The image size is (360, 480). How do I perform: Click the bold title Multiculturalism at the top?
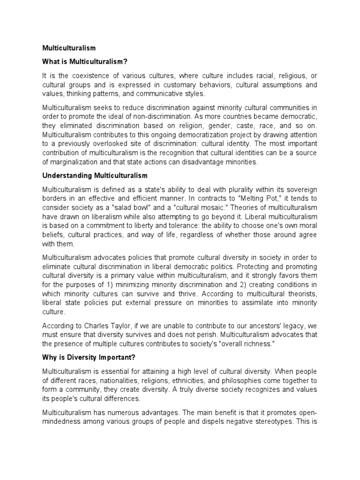click(x=69, y=48)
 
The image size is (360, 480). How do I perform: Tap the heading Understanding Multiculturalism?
click(x=95, y=175)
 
